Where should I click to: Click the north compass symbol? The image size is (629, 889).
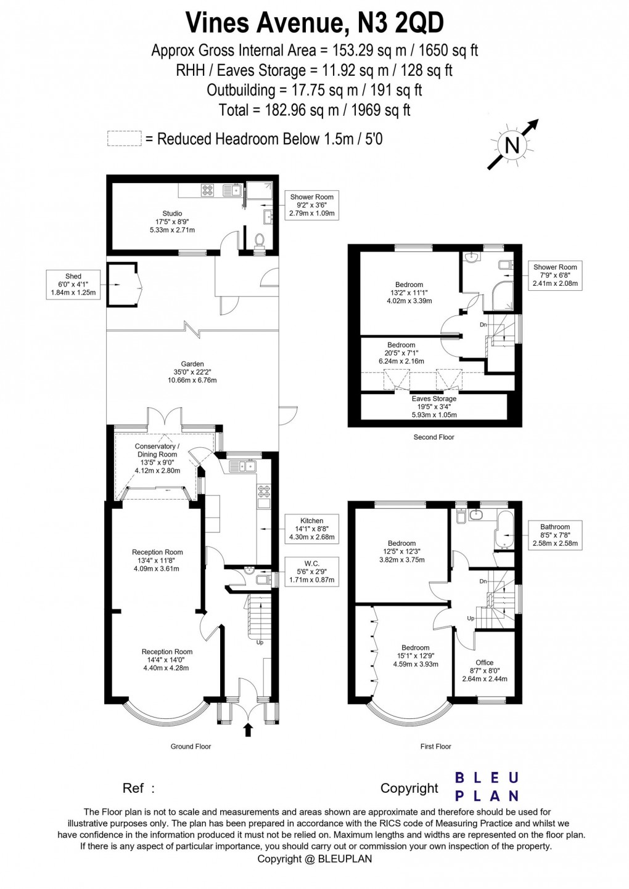pyautogui.click(x=512, y=145)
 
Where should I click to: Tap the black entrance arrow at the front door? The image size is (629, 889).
pyautogui.click(x=249, y=731)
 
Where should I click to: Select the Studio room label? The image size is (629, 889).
pyautogui.click(x=173, y=222)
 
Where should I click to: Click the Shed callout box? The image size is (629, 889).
pyautogui.click(x=73, y=285)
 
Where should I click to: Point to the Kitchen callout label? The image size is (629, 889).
pyautogui.click(x=311, y=529)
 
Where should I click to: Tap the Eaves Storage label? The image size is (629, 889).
pyautogui.click(x=434, y=407)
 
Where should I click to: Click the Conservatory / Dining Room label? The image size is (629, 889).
pyautogui.click(x=157, y=458)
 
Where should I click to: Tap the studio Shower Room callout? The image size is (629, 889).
pyautogui.click(x=311, y=205)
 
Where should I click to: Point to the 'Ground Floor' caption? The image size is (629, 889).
pyautogui.click(x=191, y=746)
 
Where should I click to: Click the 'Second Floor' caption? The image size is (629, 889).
pyautogui.click(x=434, y=437)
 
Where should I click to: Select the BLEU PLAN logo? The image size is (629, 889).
pyautogui.click(x=487, y=787)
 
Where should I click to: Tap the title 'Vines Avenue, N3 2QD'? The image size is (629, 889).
pyautogui.click(x=314, y=23)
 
